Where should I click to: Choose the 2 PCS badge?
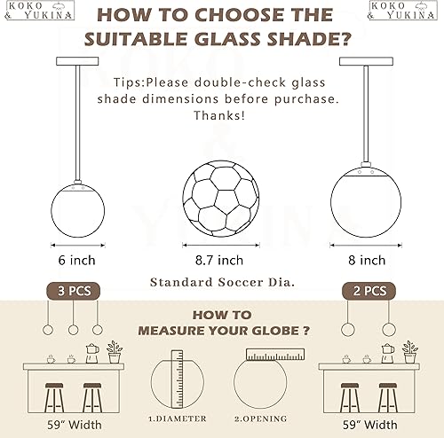368,291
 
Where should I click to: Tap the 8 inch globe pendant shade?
366,199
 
